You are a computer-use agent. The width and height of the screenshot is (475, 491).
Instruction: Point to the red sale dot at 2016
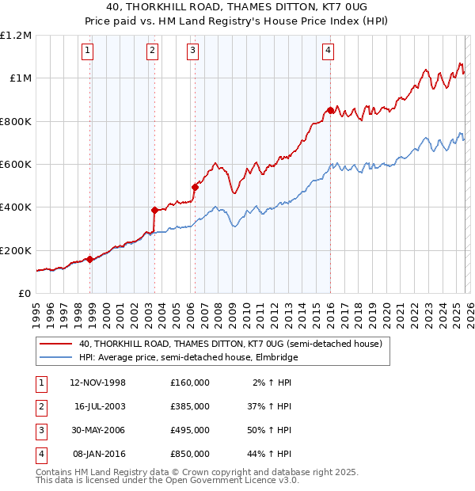[330, 110]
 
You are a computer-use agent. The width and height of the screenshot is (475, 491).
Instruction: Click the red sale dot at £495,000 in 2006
[195, 187]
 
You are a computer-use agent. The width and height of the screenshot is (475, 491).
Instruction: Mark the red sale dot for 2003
[155, 211]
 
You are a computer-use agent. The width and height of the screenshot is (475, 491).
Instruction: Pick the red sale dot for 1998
[90, 259]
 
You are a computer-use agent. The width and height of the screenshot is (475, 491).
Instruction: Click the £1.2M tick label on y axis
[16, 36]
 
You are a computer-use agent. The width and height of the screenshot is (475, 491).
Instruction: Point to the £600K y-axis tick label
[16, 165]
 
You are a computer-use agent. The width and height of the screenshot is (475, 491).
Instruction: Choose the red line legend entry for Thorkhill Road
[230, 344]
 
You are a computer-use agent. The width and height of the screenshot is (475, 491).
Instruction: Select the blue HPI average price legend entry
[188, 358]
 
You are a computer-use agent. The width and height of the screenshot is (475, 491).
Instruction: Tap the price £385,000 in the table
[189, 406]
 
